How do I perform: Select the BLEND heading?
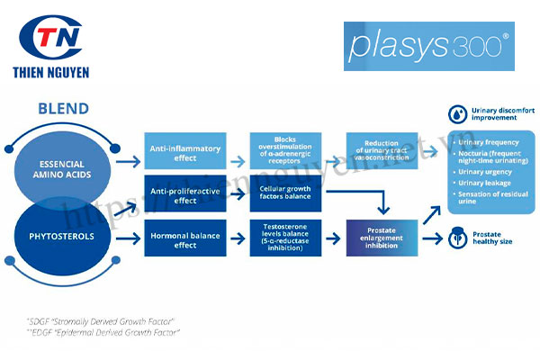click(63, 109)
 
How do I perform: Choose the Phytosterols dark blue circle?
click(64, 239)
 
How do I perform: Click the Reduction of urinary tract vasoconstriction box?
click(387, 148)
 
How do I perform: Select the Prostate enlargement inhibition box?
click(387, 238)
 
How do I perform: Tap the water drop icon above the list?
click(457, 114)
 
